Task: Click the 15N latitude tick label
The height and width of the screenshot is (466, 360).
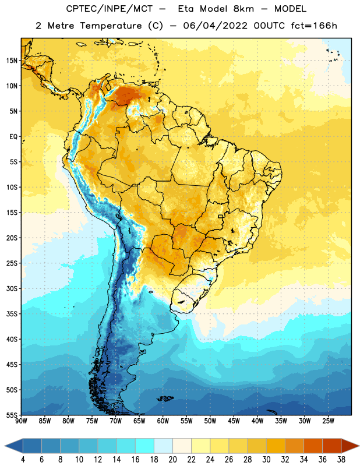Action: tap(12, 61)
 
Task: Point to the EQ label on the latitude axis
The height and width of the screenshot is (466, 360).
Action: tap(13, 137)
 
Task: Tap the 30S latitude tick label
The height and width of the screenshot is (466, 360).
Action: tap(12, 289)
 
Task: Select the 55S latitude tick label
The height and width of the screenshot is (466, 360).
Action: tap(12, 415)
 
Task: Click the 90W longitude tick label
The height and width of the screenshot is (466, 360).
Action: tap(21, 421)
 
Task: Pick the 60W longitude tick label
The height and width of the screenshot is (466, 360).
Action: tap(163, 421)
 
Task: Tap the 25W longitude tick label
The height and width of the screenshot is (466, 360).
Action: tap(328, 421)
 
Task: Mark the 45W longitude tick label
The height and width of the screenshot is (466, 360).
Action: tap(234, 421)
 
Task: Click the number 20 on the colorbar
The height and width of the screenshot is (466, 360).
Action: tap(172, 460)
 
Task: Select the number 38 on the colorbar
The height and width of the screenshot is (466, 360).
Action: tap(341, 460)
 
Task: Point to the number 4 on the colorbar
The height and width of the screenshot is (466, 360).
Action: tap(23, 460)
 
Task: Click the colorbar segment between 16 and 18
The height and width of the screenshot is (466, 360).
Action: tap(145, 446)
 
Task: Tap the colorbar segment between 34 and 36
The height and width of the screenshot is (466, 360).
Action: tap(313, 446)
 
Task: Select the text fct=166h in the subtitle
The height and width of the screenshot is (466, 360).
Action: tap(314, 26)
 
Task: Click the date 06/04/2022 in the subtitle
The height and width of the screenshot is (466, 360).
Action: tap(215, 26)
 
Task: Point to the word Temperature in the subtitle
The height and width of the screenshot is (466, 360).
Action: tap(111, 26)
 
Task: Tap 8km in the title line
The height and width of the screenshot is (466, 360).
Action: tap(243, 9)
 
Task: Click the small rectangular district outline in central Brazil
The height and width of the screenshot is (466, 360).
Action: tap(221, 216)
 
